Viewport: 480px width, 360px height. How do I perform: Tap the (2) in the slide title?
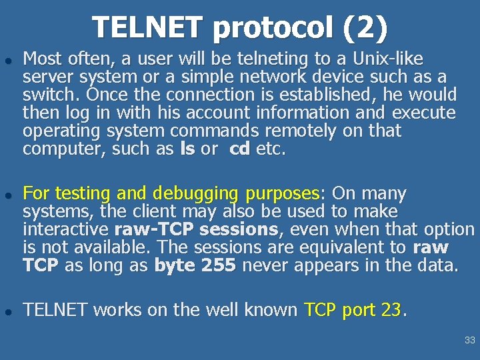[x=364, y=27]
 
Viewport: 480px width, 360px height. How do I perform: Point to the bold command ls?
[x=187, y=149]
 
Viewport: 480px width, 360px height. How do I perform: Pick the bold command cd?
[x=239, y=149]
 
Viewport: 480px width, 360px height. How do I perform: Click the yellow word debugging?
[x=195, y=194]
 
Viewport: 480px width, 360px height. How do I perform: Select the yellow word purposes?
[x=283, y=194]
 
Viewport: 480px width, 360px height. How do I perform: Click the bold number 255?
[x=217, y=266]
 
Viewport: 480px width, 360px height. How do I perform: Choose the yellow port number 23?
[x=392, y=310]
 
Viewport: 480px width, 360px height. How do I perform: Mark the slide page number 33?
[x=470, y=340]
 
